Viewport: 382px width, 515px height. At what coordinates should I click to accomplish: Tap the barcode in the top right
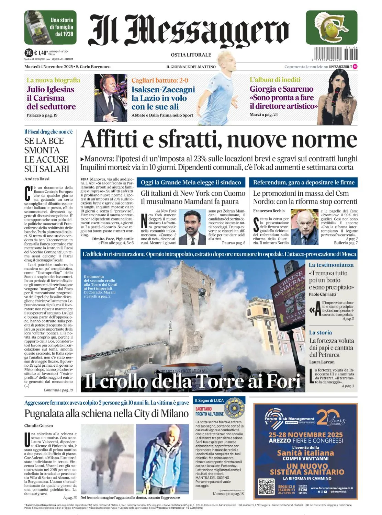pos(336,54)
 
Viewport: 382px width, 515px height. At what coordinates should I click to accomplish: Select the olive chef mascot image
pos(332,27)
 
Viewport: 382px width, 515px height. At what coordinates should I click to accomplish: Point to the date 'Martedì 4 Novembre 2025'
pos(48,67)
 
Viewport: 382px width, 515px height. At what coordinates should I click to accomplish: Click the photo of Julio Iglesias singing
pos(111,98)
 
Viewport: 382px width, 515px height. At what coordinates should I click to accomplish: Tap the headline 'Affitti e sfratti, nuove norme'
pos(219,140)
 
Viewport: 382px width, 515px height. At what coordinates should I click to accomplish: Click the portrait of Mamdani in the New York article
pos(192,227)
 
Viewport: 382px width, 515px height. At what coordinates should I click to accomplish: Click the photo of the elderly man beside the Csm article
pos(304,227)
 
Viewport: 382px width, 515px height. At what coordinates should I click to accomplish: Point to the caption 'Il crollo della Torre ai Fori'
pos(192,381)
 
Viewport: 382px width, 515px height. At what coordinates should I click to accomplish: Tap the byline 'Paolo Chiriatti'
pos(322,294)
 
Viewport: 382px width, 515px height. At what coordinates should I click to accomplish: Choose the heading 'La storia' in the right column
pos(320,332)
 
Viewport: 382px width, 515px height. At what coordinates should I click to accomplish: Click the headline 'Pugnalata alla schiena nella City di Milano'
pos(106,413)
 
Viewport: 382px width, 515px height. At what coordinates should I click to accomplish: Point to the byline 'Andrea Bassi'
pos(37,179)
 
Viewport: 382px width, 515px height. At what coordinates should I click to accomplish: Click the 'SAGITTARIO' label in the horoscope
pos(204,409)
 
